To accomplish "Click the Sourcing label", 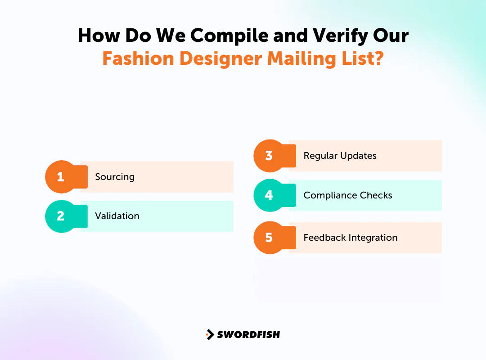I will click(x=115, y=177).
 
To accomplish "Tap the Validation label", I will click(x=117, y=216).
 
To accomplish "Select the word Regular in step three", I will click(x=320, y=156).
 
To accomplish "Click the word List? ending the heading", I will click(x=362, y=58).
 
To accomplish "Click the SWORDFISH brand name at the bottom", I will click(x=248, y=334).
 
